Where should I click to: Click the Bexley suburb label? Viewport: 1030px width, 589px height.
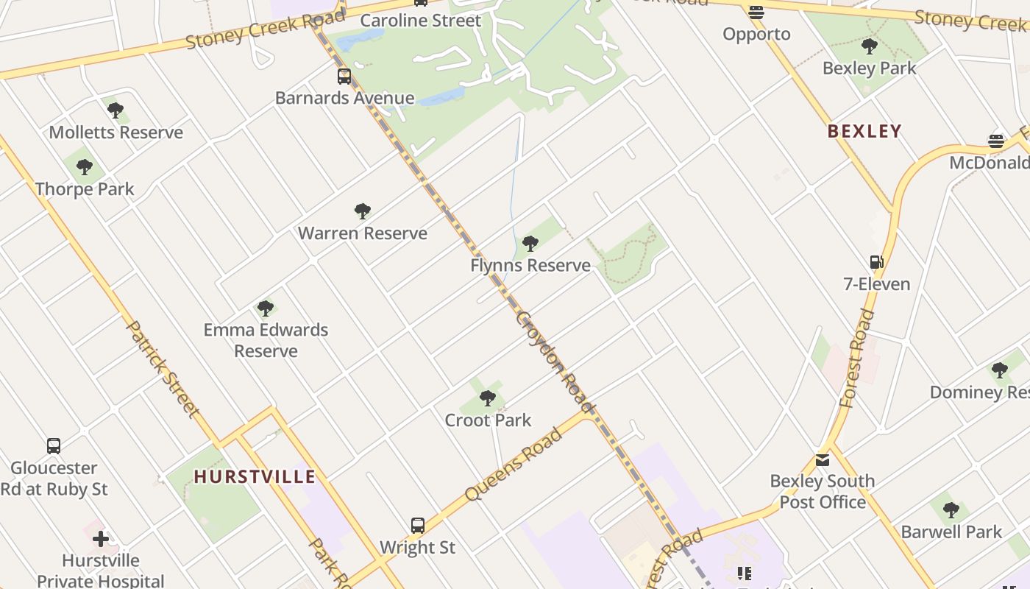pos(864,132)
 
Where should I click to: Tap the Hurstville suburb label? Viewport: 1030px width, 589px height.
pos(255,477)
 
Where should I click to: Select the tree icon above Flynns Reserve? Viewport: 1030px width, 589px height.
pos(530,243)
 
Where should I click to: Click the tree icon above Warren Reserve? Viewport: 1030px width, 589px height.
pos(362,211)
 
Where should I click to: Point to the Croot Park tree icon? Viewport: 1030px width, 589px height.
pos(487,398)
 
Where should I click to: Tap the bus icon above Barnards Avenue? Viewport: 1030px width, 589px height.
pos(344,76)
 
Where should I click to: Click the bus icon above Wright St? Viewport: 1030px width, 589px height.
pos(418,525)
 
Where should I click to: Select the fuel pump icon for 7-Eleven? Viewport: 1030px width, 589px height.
pos(876,262)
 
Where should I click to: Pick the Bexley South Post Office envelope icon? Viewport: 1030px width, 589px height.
pos(823,460)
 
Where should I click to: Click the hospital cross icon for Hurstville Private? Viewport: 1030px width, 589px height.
pos(101,539)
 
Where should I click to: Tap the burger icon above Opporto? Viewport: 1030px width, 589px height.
pos(756,12)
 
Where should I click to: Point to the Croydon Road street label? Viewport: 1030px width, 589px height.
pos(555,361)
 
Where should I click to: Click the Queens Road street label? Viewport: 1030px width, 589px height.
pos(514,464)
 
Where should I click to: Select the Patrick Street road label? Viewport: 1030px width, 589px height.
pos(163,368)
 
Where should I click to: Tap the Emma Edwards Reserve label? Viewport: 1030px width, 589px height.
pos(266,340)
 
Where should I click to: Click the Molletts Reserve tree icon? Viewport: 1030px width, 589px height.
pos(116,110)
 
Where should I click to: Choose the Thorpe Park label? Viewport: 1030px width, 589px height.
pos(85,189)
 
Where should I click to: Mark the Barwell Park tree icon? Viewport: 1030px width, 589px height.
pos(951,509)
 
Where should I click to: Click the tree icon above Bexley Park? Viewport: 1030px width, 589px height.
pos(870,46)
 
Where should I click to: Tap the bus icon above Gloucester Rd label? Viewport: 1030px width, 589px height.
pos(54,445)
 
